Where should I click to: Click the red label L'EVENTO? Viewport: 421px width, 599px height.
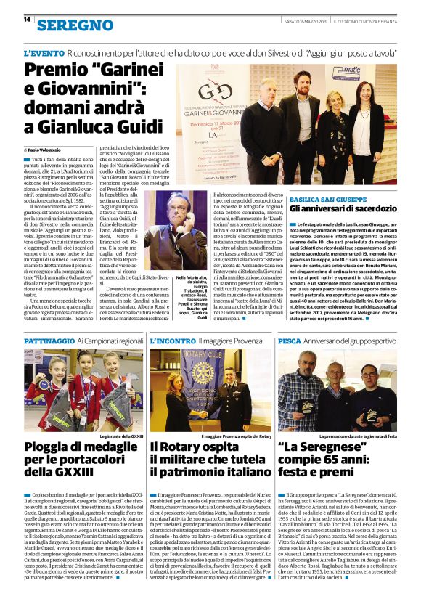click(x=44, y=54)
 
